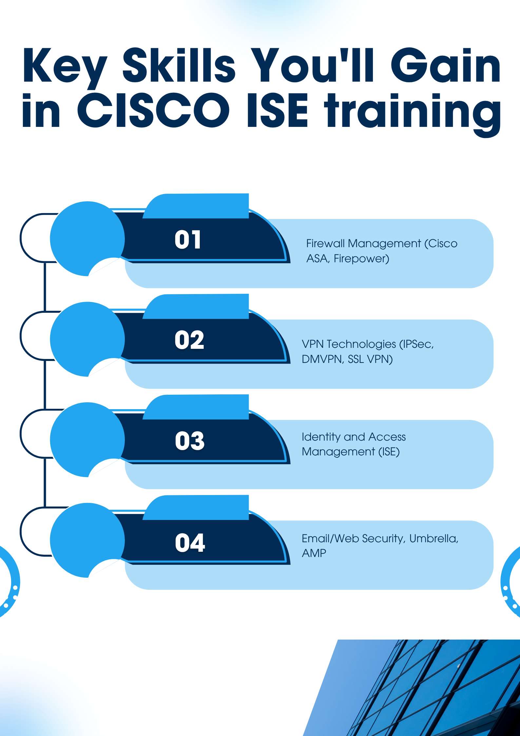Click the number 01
187,239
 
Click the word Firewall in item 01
325,243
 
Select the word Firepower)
361,259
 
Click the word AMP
314,553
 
